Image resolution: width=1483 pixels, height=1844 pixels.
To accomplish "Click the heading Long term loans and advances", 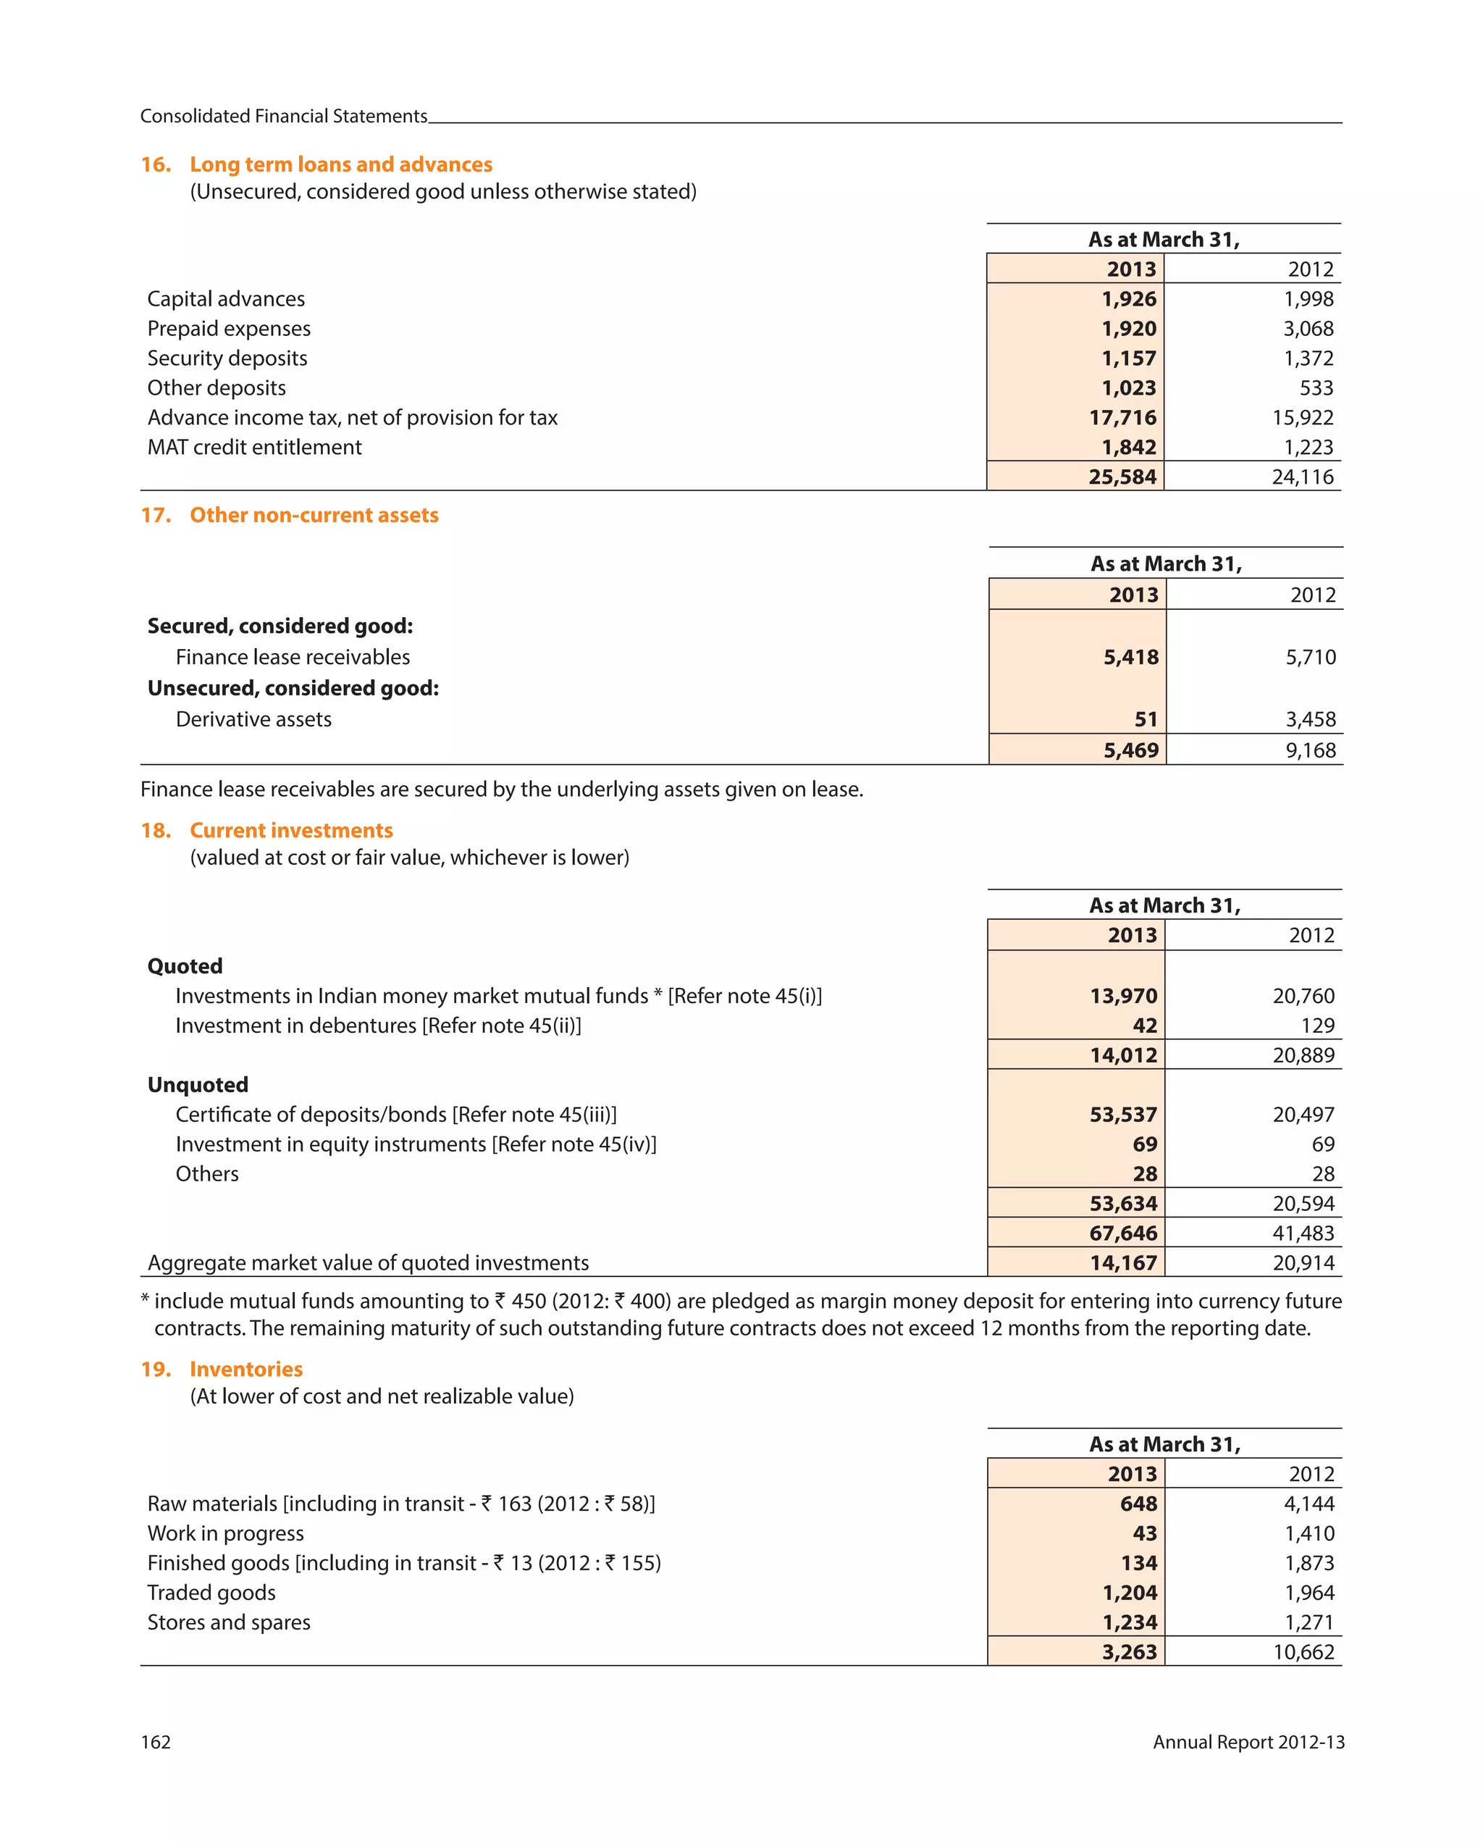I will pos(340,164).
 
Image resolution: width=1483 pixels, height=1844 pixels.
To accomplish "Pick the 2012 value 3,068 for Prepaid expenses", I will pos(1308,328).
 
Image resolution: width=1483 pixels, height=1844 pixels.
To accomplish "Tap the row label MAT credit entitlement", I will pos(254,448).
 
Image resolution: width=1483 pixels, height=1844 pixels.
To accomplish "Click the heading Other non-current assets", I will pos(314,515).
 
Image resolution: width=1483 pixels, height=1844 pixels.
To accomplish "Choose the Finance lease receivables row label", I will pos(293,657).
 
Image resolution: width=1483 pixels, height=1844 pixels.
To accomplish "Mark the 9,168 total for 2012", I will pos(1309,750).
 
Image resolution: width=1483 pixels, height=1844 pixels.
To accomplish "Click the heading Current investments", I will pos(291,831).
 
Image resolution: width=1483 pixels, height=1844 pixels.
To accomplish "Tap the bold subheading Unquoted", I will pos(198,1084).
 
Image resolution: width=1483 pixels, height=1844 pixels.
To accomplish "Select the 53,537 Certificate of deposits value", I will pos(1122,1115).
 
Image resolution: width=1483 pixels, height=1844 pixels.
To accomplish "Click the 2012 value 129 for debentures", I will pos(1317,1026).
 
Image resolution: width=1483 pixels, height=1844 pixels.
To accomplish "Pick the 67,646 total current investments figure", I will pos(1122,1233).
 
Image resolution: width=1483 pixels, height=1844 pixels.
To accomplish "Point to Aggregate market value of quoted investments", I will pos(368,1262).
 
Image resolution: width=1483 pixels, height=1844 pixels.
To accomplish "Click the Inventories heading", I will pos(245,1370).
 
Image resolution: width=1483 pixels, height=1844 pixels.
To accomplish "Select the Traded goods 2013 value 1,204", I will pos(1129,1593).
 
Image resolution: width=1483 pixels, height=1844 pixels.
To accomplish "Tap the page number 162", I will pos(156,1742).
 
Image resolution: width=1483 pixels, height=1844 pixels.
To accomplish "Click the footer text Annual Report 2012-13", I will pos(1248,1742).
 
